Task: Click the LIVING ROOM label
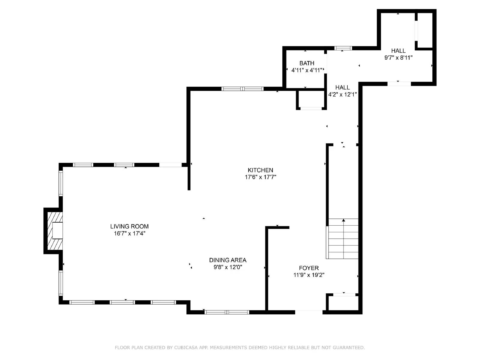[129, 226]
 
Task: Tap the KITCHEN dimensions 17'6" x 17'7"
[260, 177]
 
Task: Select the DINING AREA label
[228, 260]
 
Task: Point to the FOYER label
[309, 268]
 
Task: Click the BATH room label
[307, 63]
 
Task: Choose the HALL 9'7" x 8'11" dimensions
[398, 58]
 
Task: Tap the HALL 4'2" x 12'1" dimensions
[342, 94]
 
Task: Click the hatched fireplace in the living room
[54, 230]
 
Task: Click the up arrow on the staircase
[343, 220]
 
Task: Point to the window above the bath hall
[343, 48]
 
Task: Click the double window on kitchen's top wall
[242, 89]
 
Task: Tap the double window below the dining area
[227, 312]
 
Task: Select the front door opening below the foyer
[309, 312]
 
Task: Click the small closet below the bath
[311, 99]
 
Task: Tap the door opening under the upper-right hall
[399, 84]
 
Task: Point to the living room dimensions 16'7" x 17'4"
[129, 233]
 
